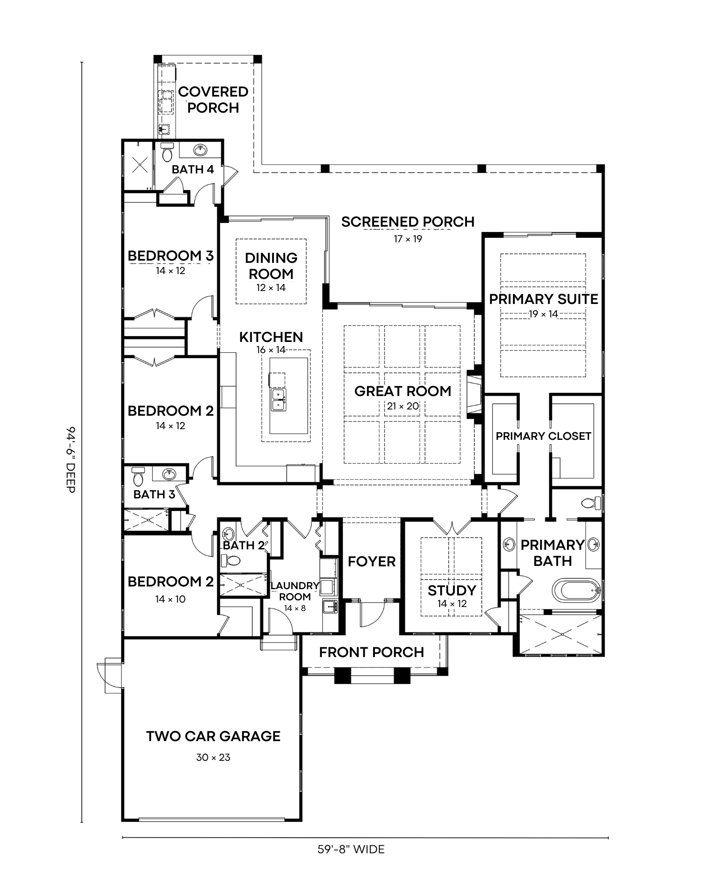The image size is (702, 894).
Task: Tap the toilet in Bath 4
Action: [x=167, y=152]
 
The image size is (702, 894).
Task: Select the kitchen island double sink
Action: [x=279, y=400]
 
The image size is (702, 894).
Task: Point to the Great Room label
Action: [x=403, y=391]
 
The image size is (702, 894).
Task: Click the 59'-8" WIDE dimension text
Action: [x=351, y=849]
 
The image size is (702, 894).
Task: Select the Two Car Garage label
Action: [x=213, y=736]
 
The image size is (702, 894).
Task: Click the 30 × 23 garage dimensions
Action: [x=213, y=757]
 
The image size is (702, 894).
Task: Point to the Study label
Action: [x=452, y=590]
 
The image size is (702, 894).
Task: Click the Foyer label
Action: [x=372, y=561]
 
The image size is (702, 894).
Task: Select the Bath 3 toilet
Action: [x=138, y=477]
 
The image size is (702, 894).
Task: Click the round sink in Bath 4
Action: [x=201, y=150]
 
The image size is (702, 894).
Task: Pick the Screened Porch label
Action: [x=408, y=222]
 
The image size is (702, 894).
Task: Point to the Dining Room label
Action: [x=271, y=266]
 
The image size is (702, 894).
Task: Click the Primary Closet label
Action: [x=543, y=436]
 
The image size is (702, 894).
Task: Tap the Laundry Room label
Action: [x=295, y=591]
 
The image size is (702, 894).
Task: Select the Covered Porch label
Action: [x=213, y=100]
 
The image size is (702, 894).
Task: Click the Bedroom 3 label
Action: [x=171, y=256]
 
